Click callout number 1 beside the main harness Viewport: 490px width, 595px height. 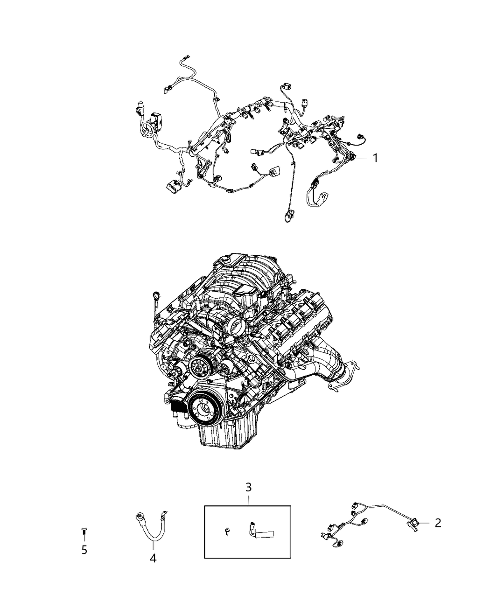pos(374,158)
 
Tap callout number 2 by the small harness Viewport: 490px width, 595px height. pos(437,523)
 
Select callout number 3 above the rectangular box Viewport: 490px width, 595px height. pos(248,488)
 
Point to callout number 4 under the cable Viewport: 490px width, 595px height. pos(153,558)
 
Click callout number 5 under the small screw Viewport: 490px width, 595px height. pos(84,550)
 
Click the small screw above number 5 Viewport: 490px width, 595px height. pos(84,531)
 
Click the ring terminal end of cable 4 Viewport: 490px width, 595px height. pos(140,517)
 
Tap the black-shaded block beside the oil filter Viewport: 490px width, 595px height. pos(179,409)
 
